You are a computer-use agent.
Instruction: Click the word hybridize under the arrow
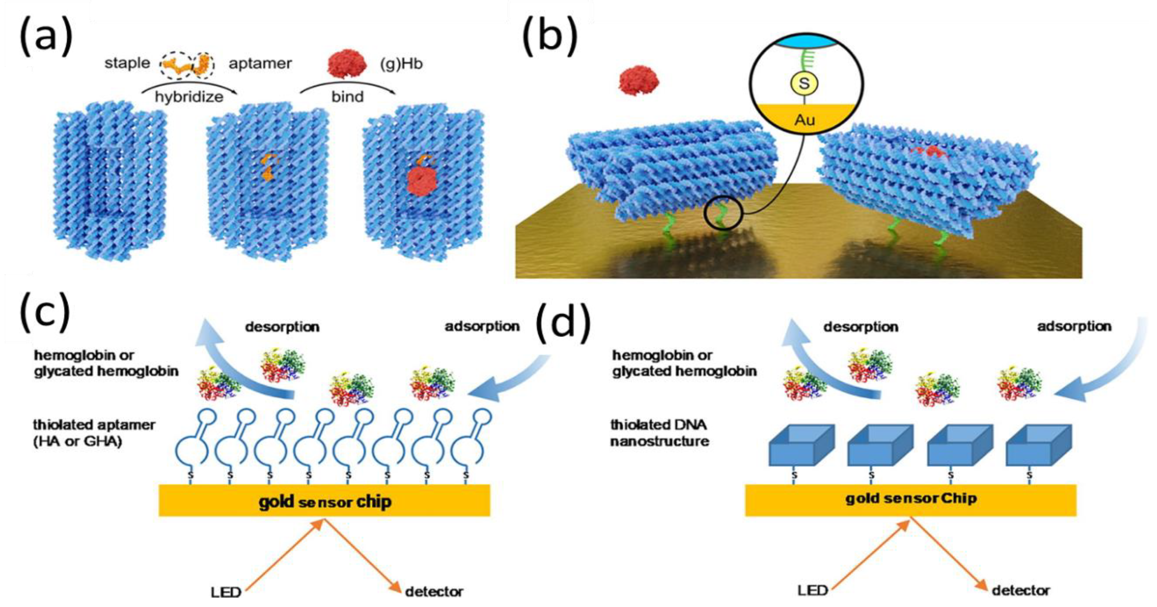[189, 97]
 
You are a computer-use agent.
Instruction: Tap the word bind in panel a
[347, 97]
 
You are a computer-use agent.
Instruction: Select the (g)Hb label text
[401, 64]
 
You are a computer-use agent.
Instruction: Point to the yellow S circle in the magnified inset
[804, 83]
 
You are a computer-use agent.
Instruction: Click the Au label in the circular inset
[804, 120]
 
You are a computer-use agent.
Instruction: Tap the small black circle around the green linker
[723, 214]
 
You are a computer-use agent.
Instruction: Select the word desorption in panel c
[282, 327]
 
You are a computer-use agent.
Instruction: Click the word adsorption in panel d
[1074, 326]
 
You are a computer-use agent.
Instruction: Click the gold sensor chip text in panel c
[325, 502]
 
